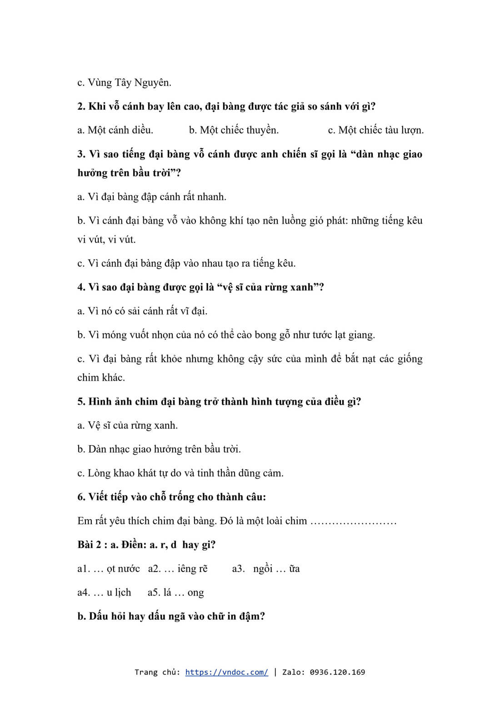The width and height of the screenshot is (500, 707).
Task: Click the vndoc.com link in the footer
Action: pyautogui.click(x=226, y=672)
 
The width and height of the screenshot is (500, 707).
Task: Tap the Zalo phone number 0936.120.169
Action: pyautogui.click(x=337, y=672)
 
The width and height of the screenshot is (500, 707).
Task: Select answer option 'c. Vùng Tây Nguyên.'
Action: pyautogui.click(x=124, y=83)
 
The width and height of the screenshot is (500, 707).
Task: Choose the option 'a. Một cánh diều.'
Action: pyautogui.click(x=115, y=130)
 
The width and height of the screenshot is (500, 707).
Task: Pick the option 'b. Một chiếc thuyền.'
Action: pyautogui.click(x=234, y=130)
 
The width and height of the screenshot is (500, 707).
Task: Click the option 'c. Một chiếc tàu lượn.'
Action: pyautogui.click(x=375, y=130)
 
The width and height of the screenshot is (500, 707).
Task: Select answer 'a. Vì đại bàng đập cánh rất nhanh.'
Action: pyautogui.click(x=151, y=197)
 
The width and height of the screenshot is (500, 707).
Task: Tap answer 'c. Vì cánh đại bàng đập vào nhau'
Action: pyautogui.click(x=186, y=263)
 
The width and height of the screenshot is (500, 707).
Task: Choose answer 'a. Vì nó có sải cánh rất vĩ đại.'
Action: pyautogui.click(x=142, y=311)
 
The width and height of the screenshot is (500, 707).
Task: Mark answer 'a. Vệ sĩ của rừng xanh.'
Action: pyautogui.click(x=127, y=426)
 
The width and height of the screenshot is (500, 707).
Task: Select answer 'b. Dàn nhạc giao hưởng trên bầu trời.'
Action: pyautogui.click(x=159, y=449)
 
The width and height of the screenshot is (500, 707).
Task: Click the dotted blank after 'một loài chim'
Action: pyautogui.click(x=353, y=521)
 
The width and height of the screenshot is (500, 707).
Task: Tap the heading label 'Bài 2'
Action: pyautogui.click(x=89, y=545)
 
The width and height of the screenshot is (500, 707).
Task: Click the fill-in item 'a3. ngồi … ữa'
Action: pyautogui.click(x=266, y=569)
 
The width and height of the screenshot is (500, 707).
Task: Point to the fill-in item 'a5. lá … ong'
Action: pyautogui.click(x=175, y=592)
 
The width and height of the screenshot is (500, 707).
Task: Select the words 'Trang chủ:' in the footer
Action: pyautogui.click(x=157, y=672)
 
